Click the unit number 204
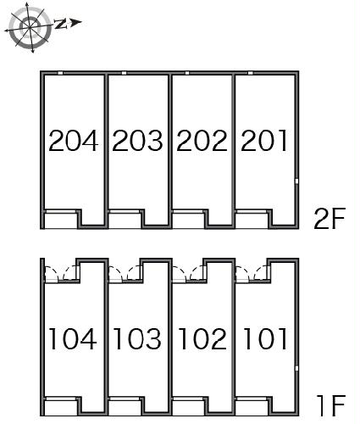[74, 141]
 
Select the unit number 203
[137, 141]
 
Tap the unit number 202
[202, 141]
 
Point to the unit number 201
[264, 141]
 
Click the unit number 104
[73, 339]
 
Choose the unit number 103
[137, 339]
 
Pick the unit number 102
[202, 339]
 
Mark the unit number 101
[265, 339]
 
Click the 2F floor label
[330, 219]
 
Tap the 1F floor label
[330, 405]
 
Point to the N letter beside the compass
[60, 24]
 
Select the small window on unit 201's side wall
[296, 181]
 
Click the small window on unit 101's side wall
[296, 368]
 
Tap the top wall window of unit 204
[60, 73]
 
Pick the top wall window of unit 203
[124, 73]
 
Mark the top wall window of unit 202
[187, 73]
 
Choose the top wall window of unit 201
[250, 73]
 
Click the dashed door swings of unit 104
[61, 274]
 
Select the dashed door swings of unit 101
[252, 274]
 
